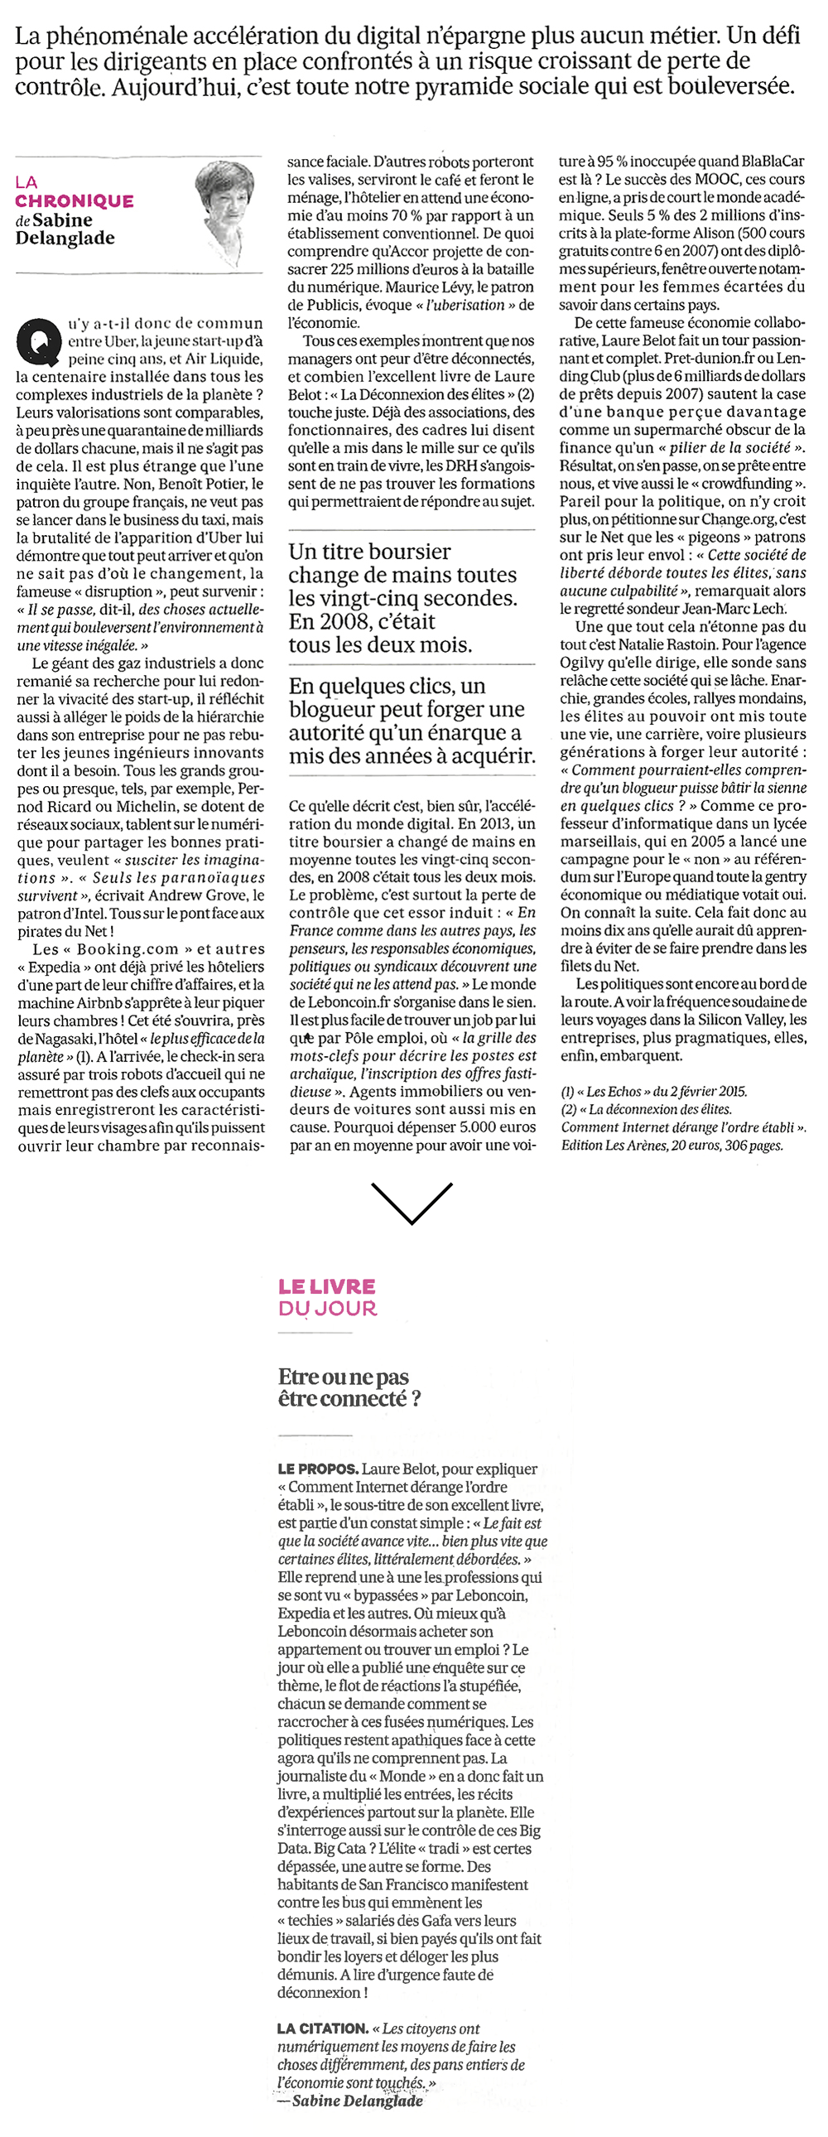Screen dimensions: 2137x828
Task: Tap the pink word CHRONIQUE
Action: pyautogui.click(x=74, y=200)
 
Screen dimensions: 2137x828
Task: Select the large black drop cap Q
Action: pyautogui.click(x=38, y=341)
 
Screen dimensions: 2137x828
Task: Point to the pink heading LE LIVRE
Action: pyautogui.click(x=327, y=1286)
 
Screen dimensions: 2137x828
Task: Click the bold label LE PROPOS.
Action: pyautogui.click(x=318, y=1469)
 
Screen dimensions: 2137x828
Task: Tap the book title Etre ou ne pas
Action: pyautogui.click(x=344, y=1377)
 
